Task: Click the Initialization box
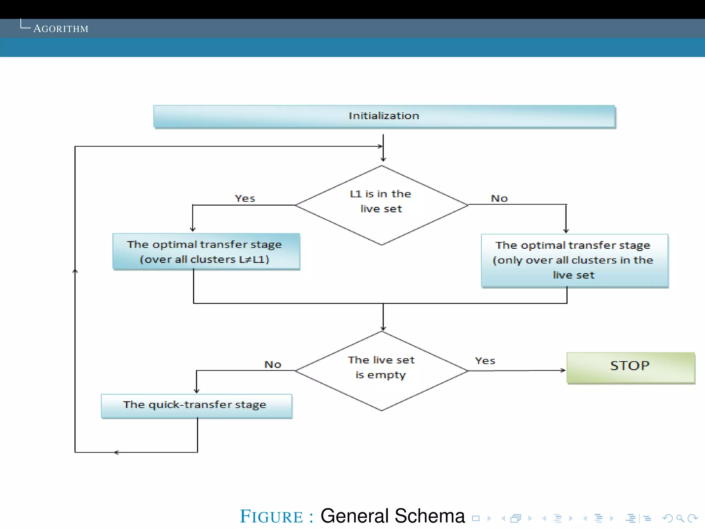click(x=384, y=116)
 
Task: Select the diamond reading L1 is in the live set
click(x=381, y=205)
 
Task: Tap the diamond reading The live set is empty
click(x=381, y=371)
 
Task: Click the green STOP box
click(x=630, y=367)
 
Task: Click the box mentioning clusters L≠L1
click(x=206, y=251)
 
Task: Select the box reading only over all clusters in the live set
click(x=574, y=260)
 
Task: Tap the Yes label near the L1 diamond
click(x=245, y=198)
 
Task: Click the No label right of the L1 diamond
click(x=499, y=198)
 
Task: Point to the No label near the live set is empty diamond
click(x=273, y=364)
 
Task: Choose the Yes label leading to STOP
click(x=485, y=361)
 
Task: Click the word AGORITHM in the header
click(x=61, y=29)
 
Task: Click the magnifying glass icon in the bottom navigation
click(x=680, y=518)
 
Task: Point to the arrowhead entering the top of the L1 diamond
click(x=383, y=159)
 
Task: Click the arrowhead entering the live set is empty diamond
click(x=383, y=329)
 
